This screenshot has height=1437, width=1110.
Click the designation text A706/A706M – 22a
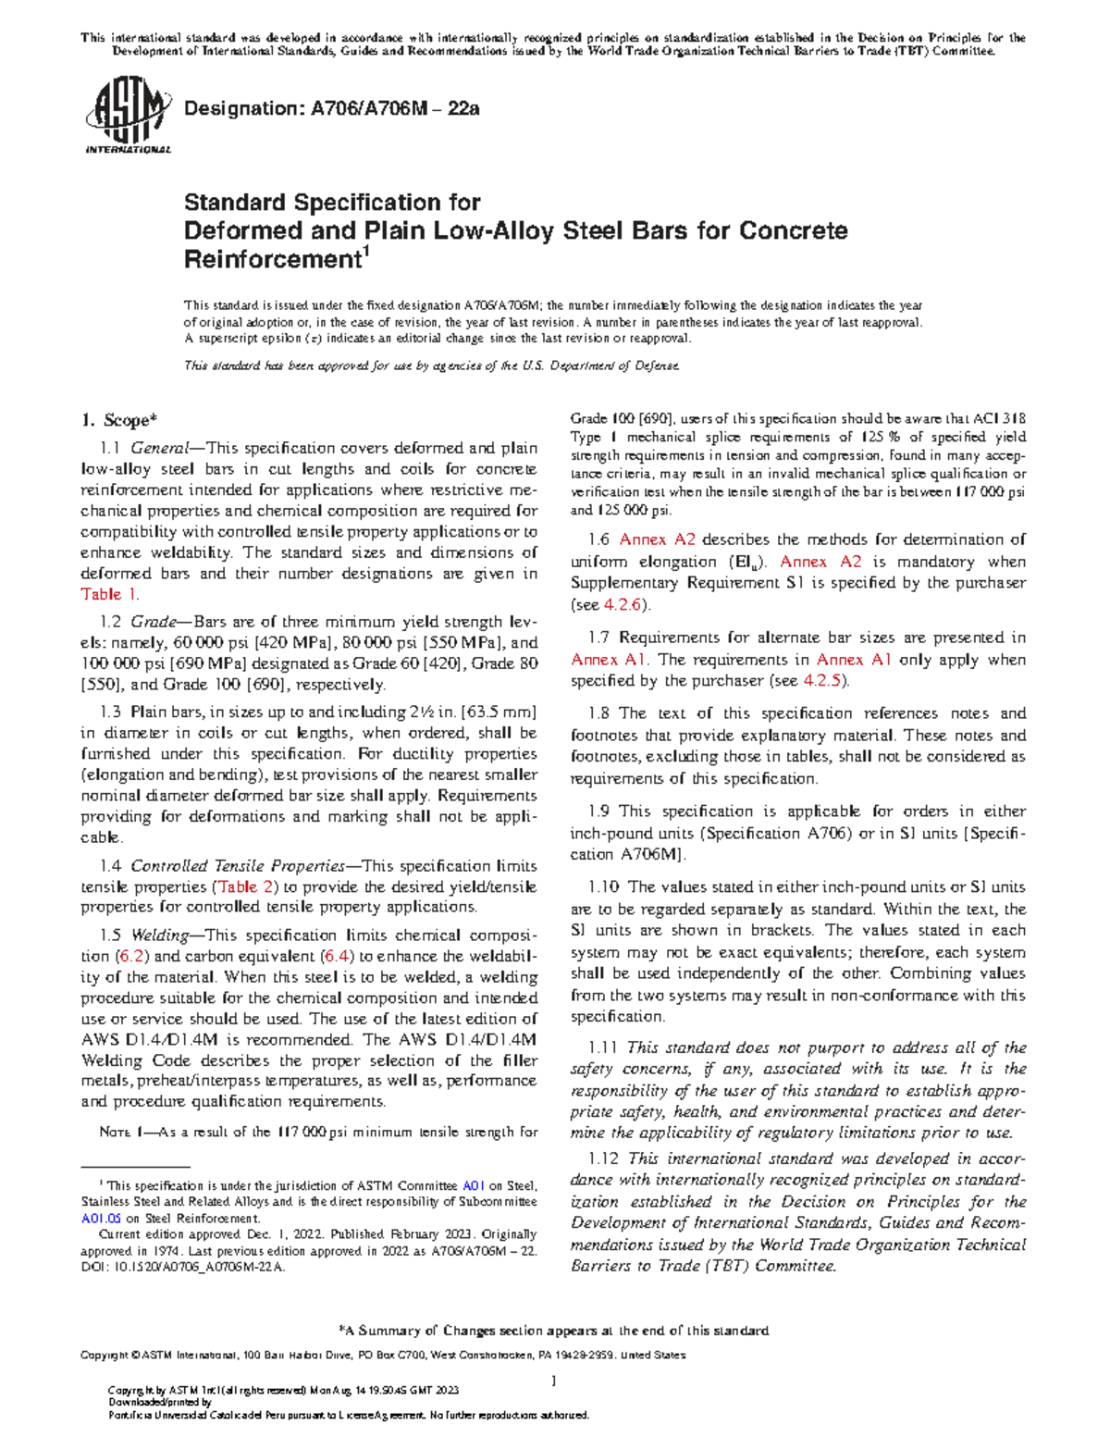tap(332, 108)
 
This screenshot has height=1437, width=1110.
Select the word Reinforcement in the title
tap(269, 260)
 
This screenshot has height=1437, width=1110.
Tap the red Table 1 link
tap(109, 594)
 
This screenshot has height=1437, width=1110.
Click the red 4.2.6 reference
tap(624, 604)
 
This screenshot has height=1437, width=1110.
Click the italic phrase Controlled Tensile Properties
tap(237, 866)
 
